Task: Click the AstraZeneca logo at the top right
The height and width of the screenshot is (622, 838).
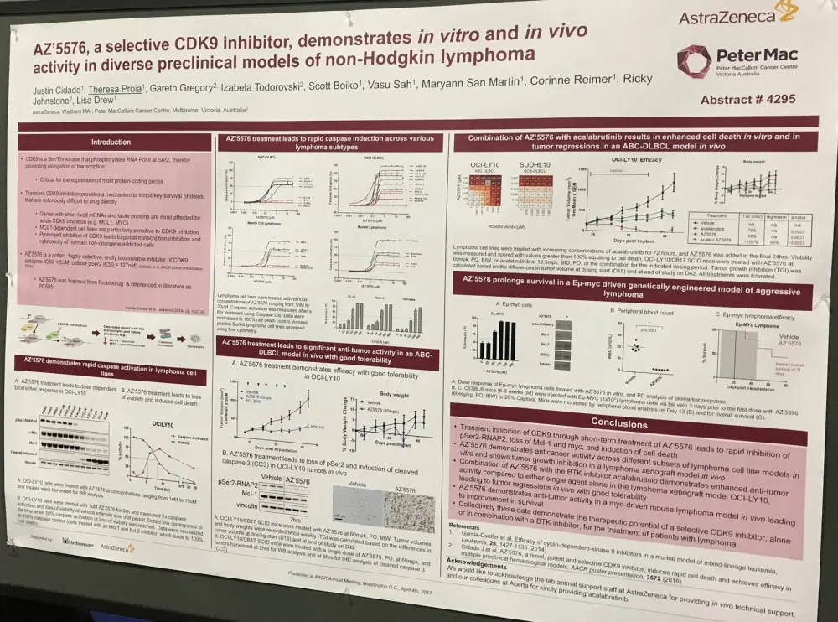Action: click(732, 15)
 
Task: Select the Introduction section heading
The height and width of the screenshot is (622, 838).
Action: click(111, 142)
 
